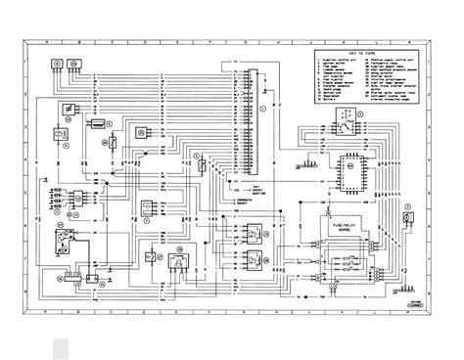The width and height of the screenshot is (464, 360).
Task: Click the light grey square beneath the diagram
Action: click(x=60, y=343)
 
